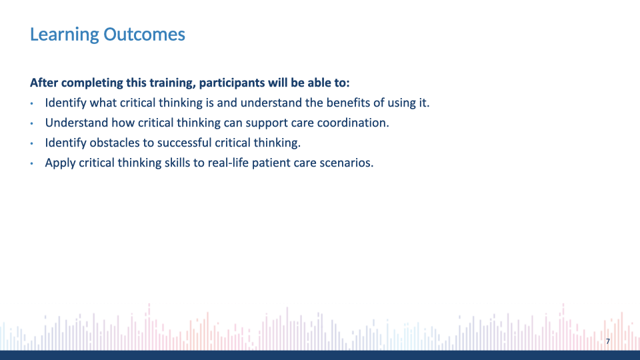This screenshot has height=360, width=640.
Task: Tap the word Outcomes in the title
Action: pyautogui.click(x=144, y=34)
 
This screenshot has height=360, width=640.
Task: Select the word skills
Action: pyautogui.click(x=177, y=163)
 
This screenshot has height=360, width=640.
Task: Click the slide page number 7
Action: pyautogui.click(x=608, y=341)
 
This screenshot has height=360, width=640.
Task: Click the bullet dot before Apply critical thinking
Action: pyautogui.click(x=32, y=164)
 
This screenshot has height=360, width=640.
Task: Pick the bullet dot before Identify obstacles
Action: pyautogui.click(x=32, y=144)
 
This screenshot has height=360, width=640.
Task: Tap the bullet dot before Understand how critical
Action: pyautogui.click(x=32, y=124)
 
